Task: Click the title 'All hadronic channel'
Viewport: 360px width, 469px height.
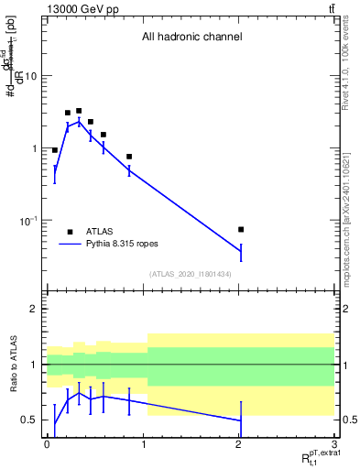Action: [191, 38]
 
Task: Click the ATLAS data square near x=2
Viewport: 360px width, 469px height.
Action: [241, 229]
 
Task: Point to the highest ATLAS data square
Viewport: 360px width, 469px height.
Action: [79, 111]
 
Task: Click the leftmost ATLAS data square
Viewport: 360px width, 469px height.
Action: [55, 150]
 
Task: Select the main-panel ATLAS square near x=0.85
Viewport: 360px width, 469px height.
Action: [129, 157]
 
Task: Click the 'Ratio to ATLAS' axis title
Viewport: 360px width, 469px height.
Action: [13, 365]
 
